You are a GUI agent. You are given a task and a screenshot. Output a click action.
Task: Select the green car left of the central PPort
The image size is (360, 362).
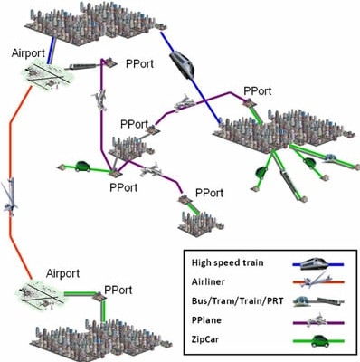coord(81,167)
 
